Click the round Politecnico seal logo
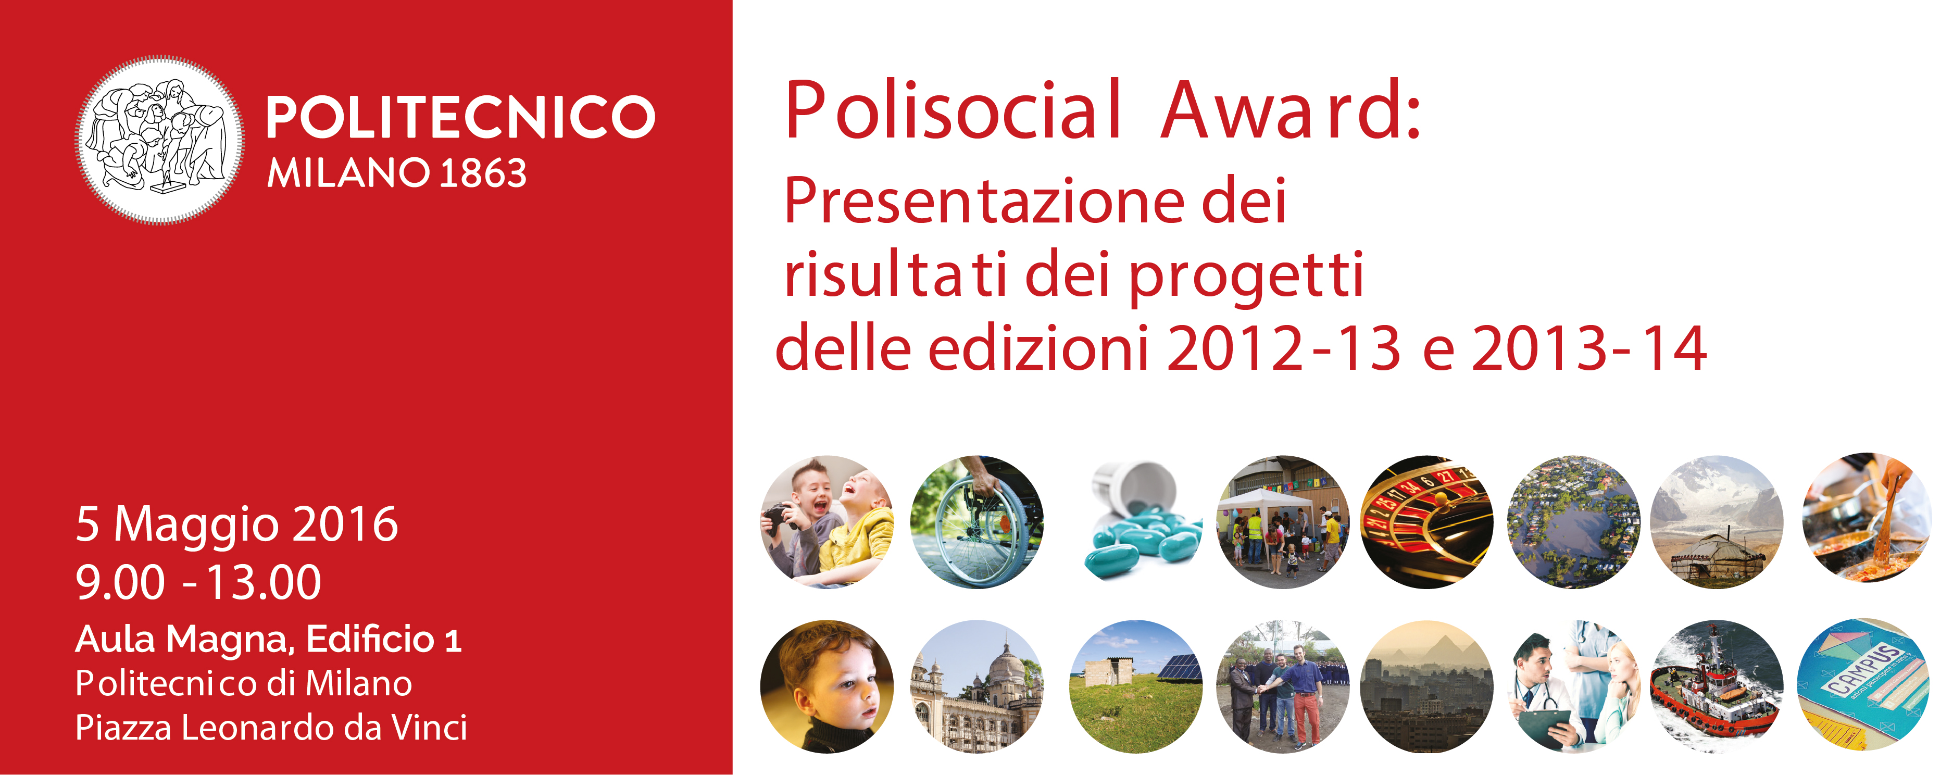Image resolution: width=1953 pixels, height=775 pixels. [160, 140]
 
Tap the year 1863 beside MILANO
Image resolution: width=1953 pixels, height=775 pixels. [483, 173]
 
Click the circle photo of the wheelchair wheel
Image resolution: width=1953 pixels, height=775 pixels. [977, 522]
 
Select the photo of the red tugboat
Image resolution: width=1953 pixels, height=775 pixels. [1717, 686]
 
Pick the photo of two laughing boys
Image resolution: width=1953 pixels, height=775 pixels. [827, 522]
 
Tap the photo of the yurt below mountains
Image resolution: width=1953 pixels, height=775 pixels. [1717, 522]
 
